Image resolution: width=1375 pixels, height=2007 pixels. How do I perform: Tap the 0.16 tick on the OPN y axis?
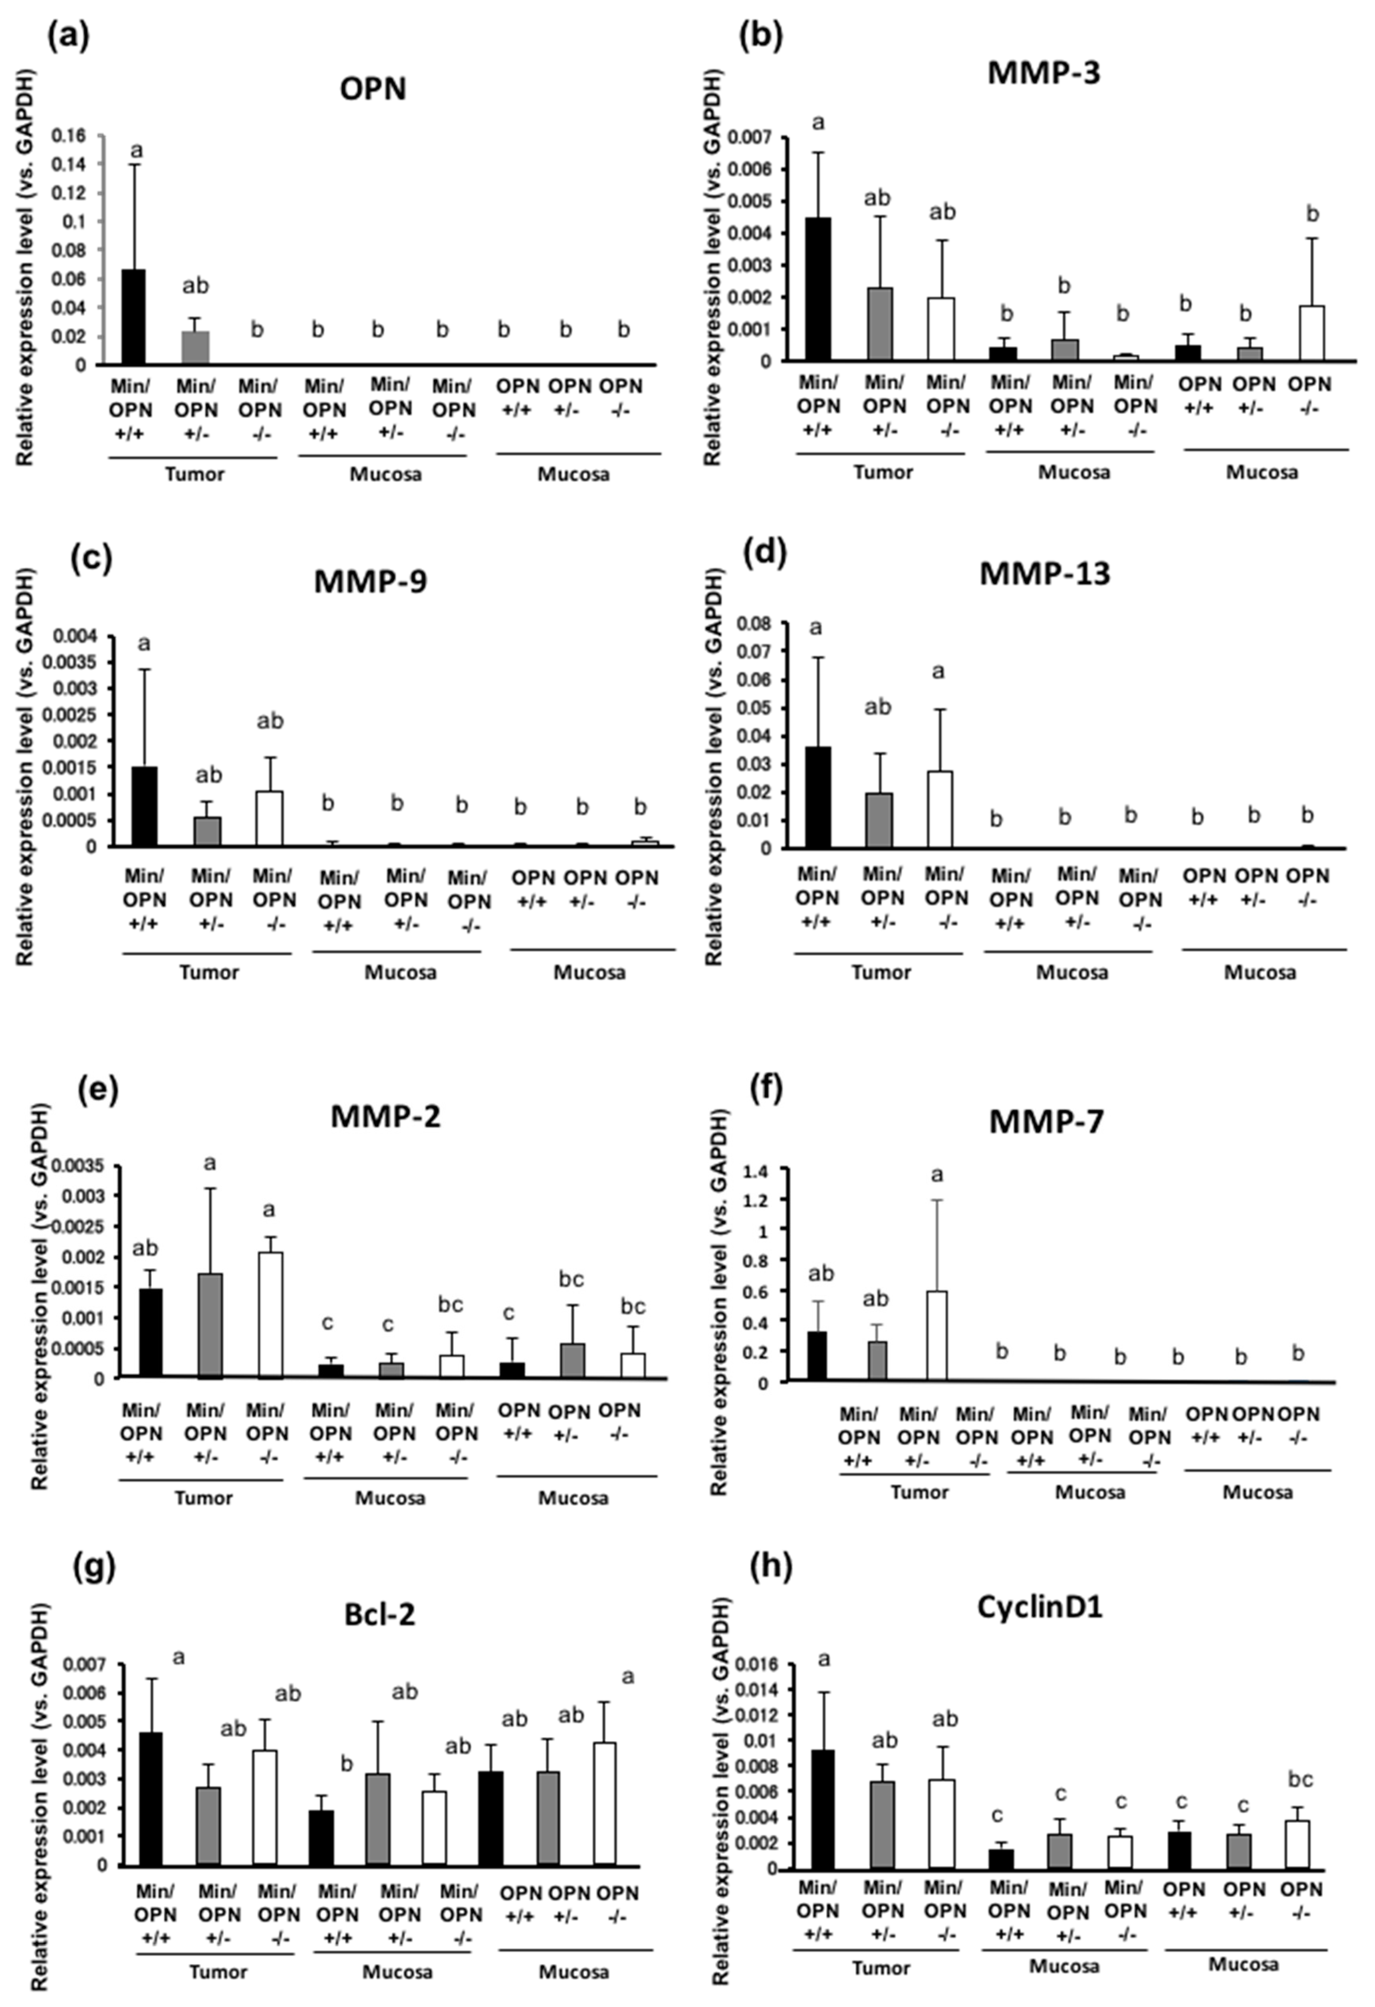click(69, 136)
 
